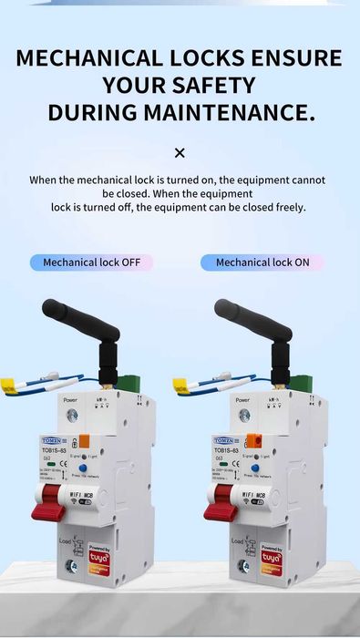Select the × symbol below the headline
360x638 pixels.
180,152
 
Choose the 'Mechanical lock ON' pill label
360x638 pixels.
262,262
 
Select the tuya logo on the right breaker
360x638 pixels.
271,555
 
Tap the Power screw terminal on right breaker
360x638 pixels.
244,415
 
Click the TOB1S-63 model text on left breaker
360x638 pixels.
53,451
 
